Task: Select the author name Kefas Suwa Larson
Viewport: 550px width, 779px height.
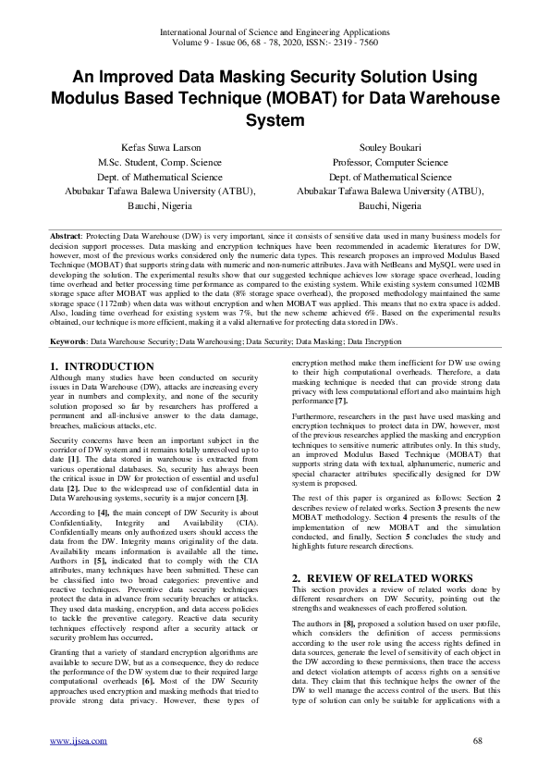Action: point(161,147)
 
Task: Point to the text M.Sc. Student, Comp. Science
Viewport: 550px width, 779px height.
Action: point(161,162)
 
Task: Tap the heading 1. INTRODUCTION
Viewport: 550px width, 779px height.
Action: point(102,366)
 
